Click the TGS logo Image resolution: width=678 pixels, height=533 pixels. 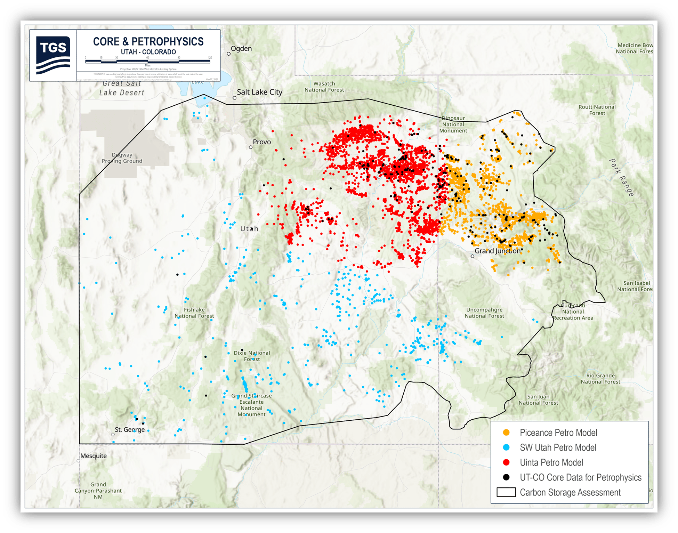click(53, 55)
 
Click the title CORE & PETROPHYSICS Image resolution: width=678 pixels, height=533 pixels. click(148, 42)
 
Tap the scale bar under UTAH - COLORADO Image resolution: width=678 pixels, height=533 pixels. click(147, 62)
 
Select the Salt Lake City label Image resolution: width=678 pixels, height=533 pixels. click(259, 92)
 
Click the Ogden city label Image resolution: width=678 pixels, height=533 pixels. click(241, 49)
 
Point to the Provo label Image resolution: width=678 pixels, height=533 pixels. click(261, 142)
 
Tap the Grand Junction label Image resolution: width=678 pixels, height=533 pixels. click(498, 251)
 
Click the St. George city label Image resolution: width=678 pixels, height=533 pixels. click(129, 430)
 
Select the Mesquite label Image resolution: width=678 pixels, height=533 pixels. click(94, 456)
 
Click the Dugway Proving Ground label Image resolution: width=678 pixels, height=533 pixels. click(122, 158)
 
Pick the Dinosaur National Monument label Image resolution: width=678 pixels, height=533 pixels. click(453, 124)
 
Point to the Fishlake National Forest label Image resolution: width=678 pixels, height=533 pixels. click(194, 313)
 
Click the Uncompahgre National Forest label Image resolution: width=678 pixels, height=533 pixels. click(484, 313)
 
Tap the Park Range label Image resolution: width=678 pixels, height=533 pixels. click(622, 177)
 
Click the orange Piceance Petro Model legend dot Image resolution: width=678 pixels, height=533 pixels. click(506, 433)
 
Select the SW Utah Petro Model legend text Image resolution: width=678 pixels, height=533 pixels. click(558, 447)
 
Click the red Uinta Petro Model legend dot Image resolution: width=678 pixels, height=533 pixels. click(506, 462)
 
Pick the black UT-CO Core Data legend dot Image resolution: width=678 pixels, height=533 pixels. click(506, 477)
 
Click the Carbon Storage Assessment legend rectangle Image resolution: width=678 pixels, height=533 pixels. click(506, 492)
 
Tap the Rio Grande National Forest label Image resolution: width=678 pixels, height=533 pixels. click(600, 379)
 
